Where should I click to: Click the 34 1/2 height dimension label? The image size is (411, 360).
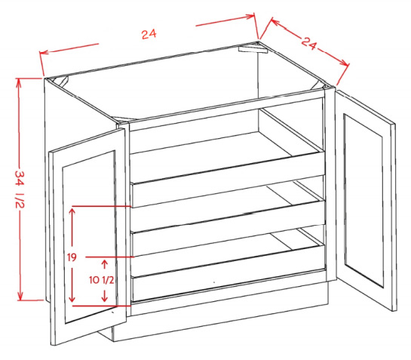tap(20, 189)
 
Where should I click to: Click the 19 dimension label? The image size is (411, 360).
tap(72, 257)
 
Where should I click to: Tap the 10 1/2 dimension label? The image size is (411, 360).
tap(102, 280)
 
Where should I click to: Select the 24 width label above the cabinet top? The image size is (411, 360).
tap(149, 34)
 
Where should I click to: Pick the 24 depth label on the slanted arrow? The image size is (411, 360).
tap(309, 43)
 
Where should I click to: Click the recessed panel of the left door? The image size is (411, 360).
tap(90, 237)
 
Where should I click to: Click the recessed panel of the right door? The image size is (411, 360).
tap(363, 201)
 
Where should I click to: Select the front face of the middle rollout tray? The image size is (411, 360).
tap(229, 228)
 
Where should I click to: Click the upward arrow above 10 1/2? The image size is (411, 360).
tap(105, 264)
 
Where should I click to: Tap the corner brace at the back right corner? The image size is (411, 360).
tap(253, 49)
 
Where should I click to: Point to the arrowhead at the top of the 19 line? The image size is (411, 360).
tap(72, 211)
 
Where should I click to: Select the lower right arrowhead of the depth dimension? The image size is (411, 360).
tap(345, 63)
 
